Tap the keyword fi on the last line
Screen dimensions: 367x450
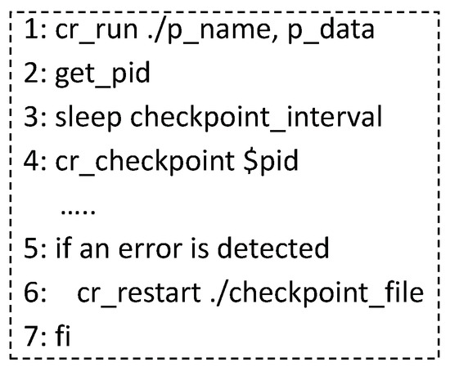[x=63, y=333]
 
